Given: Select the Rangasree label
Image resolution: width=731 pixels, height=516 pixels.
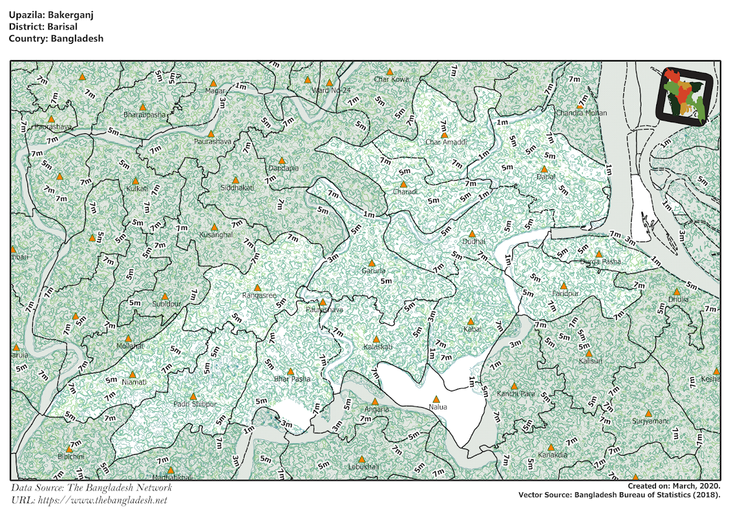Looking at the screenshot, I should [259, 295].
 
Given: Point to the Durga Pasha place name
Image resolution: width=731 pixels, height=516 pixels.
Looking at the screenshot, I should [601, 262].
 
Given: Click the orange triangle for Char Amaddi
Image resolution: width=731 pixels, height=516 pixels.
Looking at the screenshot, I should [445, 134].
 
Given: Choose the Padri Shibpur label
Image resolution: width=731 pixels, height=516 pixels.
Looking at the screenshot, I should [195, 404].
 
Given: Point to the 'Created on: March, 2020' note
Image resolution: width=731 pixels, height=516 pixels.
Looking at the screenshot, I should [674, 486].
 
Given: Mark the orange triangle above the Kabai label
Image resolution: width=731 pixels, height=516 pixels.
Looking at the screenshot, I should [470, 321].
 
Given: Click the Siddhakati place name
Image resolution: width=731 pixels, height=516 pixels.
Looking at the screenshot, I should [236, 189].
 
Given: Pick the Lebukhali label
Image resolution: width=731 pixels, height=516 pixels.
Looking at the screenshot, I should [363, 467].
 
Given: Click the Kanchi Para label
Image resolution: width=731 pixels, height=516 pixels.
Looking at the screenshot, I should [515, 394].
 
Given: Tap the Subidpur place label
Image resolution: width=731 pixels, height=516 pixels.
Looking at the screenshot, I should [167, 304].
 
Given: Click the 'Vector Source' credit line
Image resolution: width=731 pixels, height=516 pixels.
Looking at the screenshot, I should [620, 495].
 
